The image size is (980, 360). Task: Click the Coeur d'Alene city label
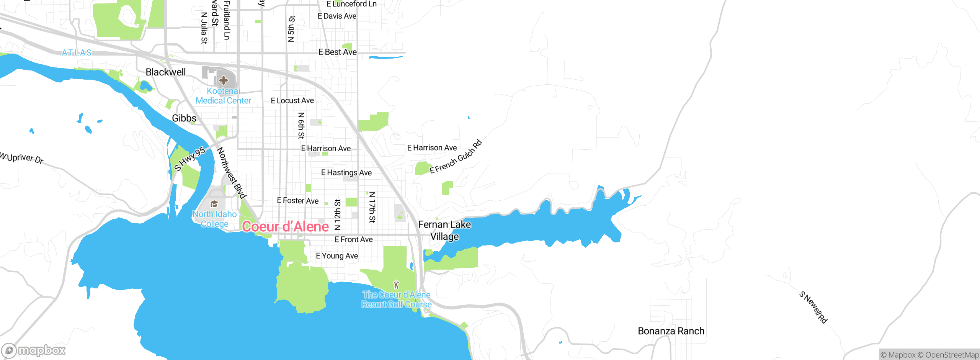pos(285,227)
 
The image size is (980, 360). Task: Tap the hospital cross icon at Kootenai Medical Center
pos(224,80)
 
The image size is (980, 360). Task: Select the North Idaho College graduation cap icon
pos(214,204)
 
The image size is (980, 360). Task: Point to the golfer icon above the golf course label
pos(396,285)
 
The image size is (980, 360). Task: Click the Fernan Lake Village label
pos(444,230)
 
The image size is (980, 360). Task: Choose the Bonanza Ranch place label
pos(671,331)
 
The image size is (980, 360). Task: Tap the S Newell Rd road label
pos(813,307)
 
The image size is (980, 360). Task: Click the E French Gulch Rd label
pos(456,157)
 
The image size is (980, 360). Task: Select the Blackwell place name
pos(165,72)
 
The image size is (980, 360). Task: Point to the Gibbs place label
pos(184,118)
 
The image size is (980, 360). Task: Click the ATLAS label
pos(77,52)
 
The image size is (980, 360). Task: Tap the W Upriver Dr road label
pos(22,157)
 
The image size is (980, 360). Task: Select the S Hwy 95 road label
pos(189,159)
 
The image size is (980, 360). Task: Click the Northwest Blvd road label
pos(231,173)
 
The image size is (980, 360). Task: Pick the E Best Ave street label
pos(337,52)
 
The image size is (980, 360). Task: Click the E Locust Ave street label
pos(292,100)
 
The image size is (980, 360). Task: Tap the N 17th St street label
pos(372,207)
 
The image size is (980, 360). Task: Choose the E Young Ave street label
pos(337,256)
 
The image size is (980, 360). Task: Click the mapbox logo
pos(34,350)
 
